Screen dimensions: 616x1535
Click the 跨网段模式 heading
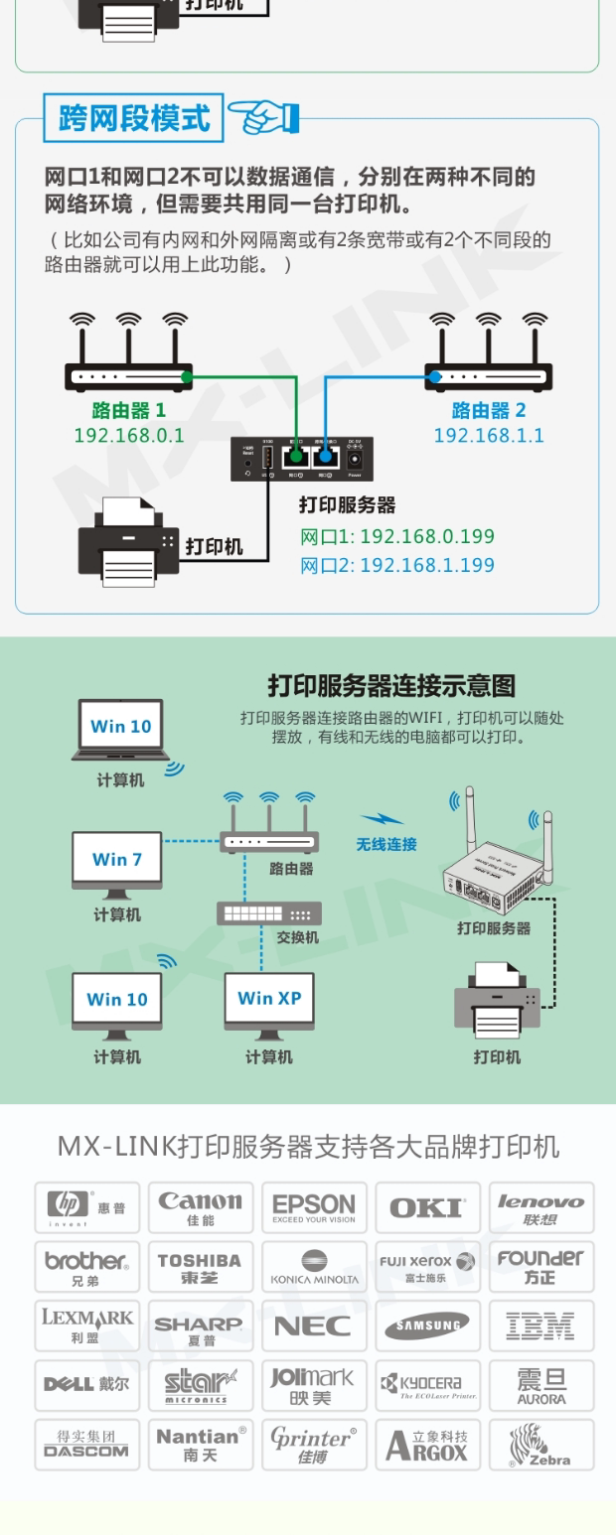pyautogui.click(x=134, y=118)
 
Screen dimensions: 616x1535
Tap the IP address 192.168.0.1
pyautogui.click(x=129, y=435)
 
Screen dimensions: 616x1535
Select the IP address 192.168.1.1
pyautogui.click(x=489, y=435)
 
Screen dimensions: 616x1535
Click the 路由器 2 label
pyautogui.click(x=489, y=410)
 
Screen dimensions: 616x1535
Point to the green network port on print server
pyautogui.click(x=294, y=458)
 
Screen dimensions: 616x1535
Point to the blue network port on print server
pyautogui.click(x=324, y=458)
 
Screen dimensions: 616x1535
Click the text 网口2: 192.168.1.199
pyautogui.click(x=397, y=565)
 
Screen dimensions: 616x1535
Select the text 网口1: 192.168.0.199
pyautogui.click(x=397, y=537)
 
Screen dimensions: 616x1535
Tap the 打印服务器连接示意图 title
pyautogui.click(x=391, y=685)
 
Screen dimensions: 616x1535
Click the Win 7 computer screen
pyautogui.click(x=117, y=859)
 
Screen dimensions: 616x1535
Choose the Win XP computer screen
pyautogui.click(x=269, y=998)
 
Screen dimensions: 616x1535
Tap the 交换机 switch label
pyautogui.click(x=297, y=937)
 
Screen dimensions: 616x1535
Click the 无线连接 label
pyautogui.click(x=386, y=845)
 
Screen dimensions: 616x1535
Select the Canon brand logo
pyautogui.click(x=201, y=1207)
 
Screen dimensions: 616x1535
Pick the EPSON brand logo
pyautogui.click(x=314, y=1207)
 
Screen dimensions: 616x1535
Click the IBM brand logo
pyautogui.click(x=540, y=1326)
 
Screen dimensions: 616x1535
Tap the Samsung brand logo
pyautogui.click(x=427, y=1326)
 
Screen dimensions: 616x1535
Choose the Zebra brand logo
pyautogui.click(x=540, y=1445)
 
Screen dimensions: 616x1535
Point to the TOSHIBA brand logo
pyautogui.click(x=201, y=1267)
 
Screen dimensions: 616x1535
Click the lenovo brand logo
pyautogui.click(x=540, y=1207)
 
